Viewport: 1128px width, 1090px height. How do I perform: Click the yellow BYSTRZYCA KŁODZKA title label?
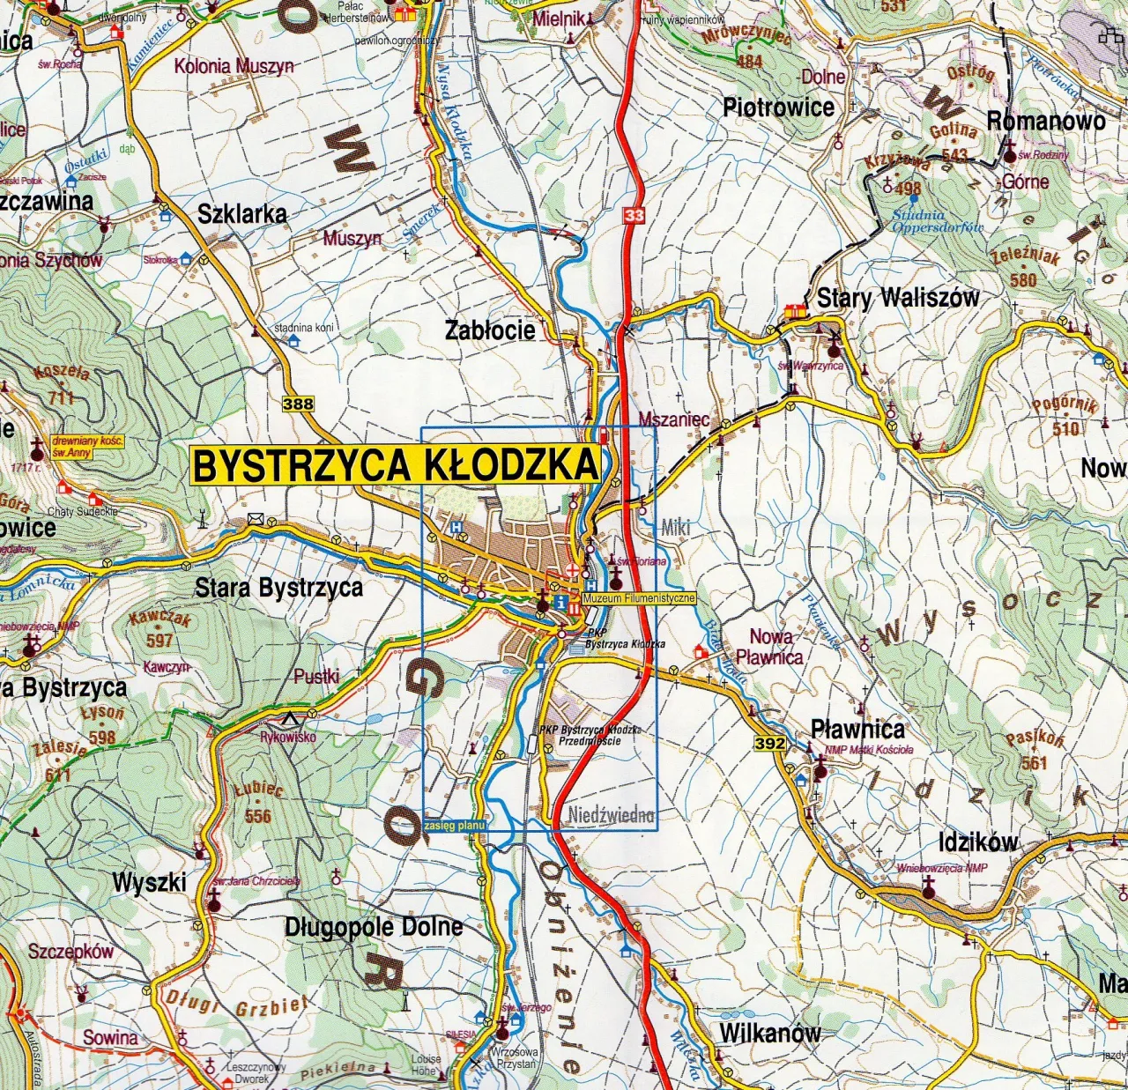pyautogui.click(x=395, y=465)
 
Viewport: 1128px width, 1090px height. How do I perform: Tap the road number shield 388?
pyautogui.click(x=298, y=404)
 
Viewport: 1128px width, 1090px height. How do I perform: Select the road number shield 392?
pyautogui.click(x=768, y=744)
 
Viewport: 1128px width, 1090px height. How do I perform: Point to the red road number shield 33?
pyautogui.click(x=633, y=215)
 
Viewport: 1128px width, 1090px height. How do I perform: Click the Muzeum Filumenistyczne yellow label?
pyautogui.click(x=638, y=598)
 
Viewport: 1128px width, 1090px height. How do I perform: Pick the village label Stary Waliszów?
pyautogui.click(x=897, y=298)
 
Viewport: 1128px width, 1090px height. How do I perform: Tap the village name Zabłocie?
pyautogui.click(x=490, y=330)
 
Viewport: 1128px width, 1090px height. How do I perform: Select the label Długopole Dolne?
pyautogui.click(x=374, y=927)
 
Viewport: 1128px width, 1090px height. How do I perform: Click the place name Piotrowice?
pyautogui.click(x=778, y=108)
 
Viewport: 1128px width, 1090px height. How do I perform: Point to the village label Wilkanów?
pyautogui.click(x=769, y=1033)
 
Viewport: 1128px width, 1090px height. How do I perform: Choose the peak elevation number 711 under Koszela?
pyautogui.click(x=61, y=397)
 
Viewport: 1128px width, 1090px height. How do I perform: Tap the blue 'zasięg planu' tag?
pyautogui.click(x=455, y=826)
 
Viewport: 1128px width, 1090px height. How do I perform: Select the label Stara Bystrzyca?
pyautogui.click(x=278, y=588)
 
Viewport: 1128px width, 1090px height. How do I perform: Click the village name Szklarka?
pyautogui.click(x=241, y=213)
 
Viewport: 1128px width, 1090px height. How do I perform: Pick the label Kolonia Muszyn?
pyautogui.click(x=234, y=66)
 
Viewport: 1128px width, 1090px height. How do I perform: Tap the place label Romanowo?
pyautogui.click(x=1045, y=121)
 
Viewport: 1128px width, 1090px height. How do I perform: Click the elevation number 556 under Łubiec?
pyautogui.click(x=257, y=816)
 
